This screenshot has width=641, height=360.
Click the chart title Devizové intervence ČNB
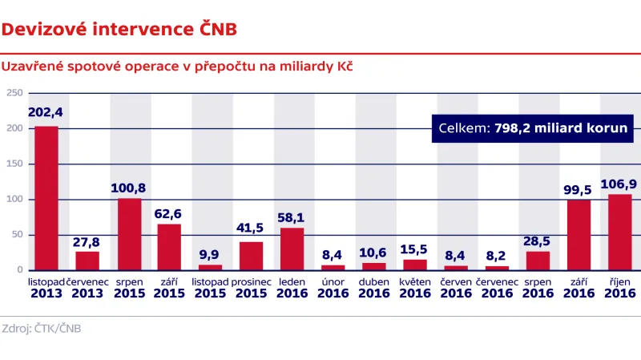pyautogui.click(x=119, y=30)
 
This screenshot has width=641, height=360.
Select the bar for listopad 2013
pyautogui.click(x=46, y=198)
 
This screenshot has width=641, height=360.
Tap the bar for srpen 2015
pyautogui.click(x=129, y=234)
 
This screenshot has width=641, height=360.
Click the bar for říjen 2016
pyautogui.click(x=619, y=232)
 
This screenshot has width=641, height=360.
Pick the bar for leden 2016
pyautogui.click(x=292, y=249)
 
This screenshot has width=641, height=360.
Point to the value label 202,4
pyautogui.click(x=46, y=113)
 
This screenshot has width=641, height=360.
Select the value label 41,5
pyautogui.click(x=250, y=228)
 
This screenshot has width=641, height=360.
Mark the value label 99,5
pyautogui.click(x=579, y=188)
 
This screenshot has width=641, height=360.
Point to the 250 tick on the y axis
pyautogui.click(x=14, y=93)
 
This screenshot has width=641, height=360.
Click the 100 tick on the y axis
pyautogui.click(x=14, y=200)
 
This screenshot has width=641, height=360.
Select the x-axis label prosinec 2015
pyautogui.click(x=251, y=289)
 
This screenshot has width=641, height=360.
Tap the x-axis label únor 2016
pyautogui.click(x=333, y=289)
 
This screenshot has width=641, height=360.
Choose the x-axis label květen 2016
pyautogui.click(x=415, y=289)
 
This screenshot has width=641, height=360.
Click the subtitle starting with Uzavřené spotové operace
pyautogui.click(x=178, y=67)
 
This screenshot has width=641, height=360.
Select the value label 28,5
pyautogui.click(x=538, y=238)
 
